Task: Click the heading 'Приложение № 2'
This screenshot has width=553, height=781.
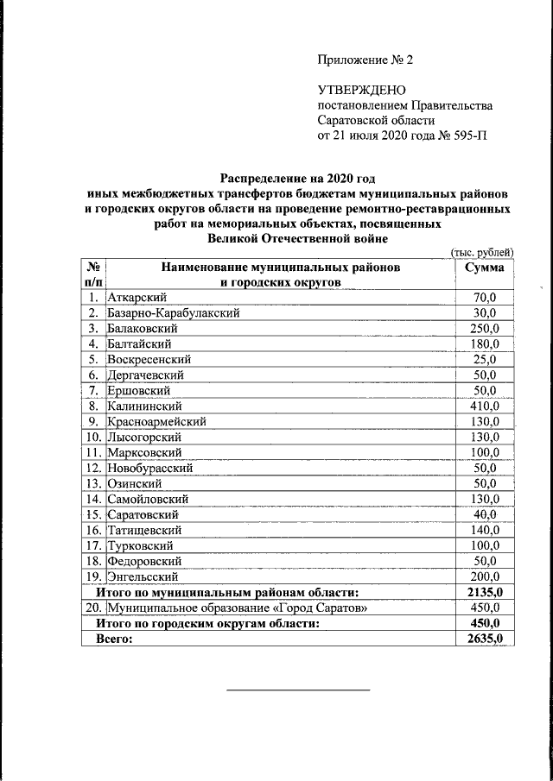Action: pos(366,60)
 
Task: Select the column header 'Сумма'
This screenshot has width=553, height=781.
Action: pos(484,268)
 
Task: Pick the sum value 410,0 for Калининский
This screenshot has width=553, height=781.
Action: pos(484,406)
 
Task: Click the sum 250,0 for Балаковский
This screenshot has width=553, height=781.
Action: pos(484,329)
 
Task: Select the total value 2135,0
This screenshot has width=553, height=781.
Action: pos(484,592)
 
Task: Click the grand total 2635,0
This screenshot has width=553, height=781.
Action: pos(484,639)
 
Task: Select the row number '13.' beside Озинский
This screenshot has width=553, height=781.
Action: pos(93,483)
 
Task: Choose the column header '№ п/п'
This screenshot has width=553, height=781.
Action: pos(93,274)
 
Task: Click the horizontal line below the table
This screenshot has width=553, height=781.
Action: pos(298,690)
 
